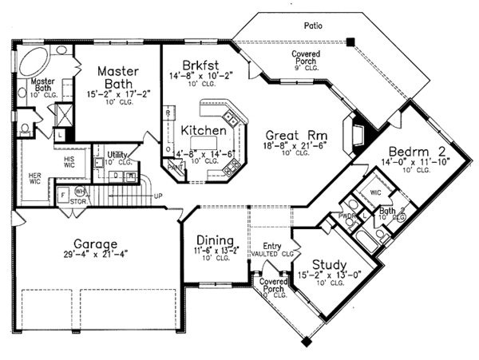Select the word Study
coord(329,265)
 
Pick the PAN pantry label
coord(175,168)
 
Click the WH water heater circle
coord(81,191)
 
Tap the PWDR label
coord(346,216)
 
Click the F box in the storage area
coord(62,193)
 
